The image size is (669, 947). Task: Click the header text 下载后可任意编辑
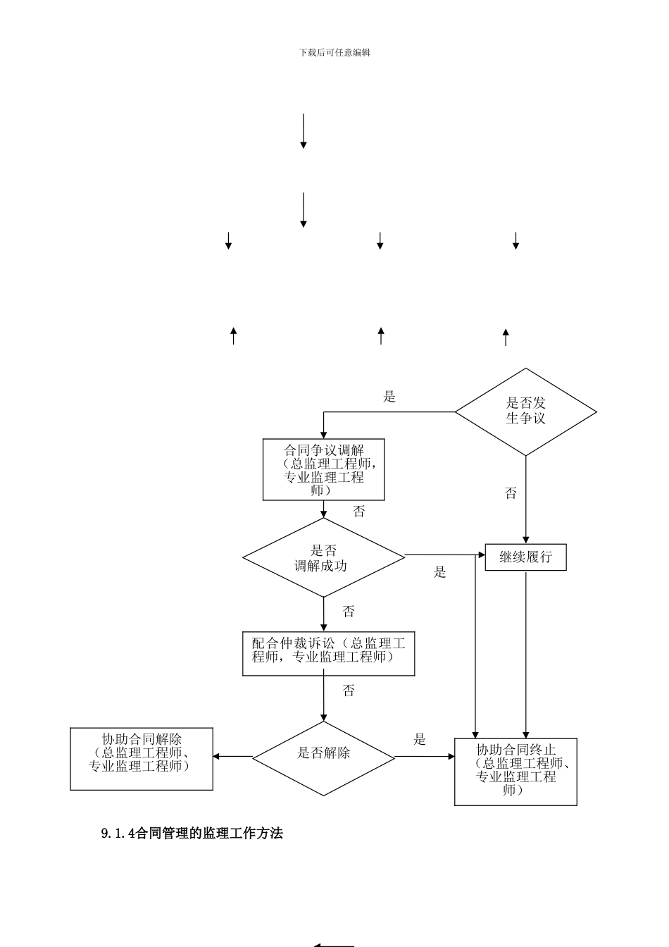click(334, 52)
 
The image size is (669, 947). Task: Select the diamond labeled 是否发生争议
click(525, 411)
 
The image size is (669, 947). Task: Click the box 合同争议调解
click(323, 469)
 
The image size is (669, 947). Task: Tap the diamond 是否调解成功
click(324, 557)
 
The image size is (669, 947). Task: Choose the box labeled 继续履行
click(525, 557)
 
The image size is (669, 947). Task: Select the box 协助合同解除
click(142, 758)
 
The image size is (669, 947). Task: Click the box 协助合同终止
click(515, 771)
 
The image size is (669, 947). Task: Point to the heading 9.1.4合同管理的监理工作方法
click(192, 834)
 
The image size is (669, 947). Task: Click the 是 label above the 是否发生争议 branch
click(389, 397)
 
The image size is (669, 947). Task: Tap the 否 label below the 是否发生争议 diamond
click(511, 494)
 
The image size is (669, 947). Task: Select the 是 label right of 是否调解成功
click(440, 572)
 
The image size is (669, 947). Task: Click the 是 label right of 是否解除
click(420, 739)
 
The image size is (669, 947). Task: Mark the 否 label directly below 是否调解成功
click(349, 611)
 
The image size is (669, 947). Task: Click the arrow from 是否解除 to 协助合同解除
click(232, 757)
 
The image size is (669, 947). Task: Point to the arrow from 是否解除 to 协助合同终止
click(425, 757)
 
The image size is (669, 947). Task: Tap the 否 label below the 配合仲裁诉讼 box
click(349, 691)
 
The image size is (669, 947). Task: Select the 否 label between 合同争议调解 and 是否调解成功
click(359, 512)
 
